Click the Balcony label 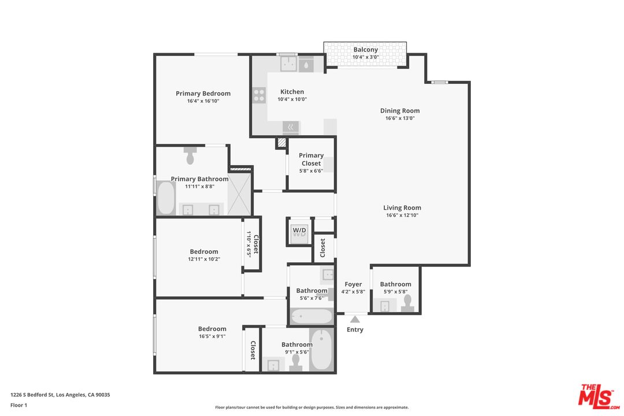pos(365,50)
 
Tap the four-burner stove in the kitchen pos(259,95)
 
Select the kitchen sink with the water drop pos(306,64)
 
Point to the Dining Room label pos(400,111)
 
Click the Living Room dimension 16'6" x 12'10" pos(402,215)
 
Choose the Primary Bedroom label pos(203,94)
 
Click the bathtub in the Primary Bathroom pos(166,198)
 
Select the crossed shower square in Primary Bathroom pos(240,194)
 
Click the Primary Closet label pos(311,159)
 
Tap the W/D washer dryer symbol pos(299,232)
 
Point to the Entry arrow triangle pos(355,319)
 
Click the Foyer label pos(353,284)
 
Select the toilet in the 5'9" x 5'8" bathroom pos(408,303)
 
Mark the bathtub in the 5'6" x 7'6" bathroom pos(311,316)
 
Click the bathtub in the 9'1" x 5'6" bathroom pos(321,349)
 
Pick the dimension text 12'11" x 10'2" pos(204,259)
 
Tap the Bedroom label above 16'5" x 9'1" pos(212,329)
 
